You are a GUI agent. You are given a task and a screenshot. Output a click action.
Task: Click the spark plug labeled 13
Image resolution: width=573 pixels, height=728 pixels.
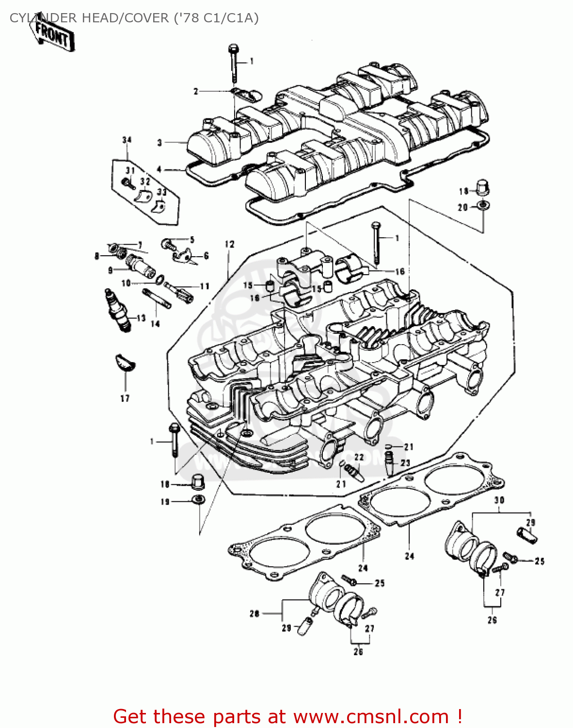pos(117,311)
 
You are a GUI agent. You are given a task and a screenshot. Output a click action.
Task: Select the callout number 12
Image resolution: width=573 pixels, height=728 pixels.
pos(229,245)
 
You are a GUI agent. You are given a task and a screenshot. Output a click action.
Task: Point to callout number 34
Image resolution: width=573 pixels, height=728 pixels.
pos(127,140)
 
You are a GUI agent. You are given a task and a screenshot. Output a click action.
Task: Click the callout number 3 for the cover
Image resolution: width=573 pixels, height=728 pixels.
pos(159,143)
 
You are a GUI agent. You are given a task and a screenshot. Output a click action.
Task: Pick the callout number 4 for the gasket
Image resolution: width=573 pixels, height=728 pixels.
pos(159,169)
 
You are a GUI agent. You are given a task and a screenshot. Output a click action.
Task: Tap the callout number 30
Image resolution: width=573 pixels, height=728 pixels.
pos(499,500)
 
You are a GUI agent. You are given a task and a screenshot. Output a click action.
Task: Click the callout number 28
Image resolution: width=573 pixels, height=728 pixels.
pos(255,613)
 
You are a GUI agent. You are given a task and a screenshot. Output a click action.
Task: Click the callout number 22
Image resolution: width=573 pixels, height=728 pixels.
pos(359,457)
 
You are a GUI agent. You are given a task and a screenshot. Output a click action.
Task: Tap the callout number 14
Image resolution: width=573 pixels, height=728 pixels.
pos(155,323)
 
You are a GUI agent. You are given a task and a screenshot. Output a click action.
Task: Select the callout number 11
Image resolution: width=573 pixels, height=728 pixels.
pos(204,286)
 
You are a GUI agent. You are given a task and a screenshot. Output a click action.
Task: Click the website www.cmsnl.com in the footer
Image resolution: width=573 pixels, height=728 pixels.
pos(371,716)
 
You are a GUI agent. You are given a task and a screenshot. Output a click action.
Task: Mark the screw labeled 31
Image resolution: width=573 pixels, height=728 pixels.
pos(127,182)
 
